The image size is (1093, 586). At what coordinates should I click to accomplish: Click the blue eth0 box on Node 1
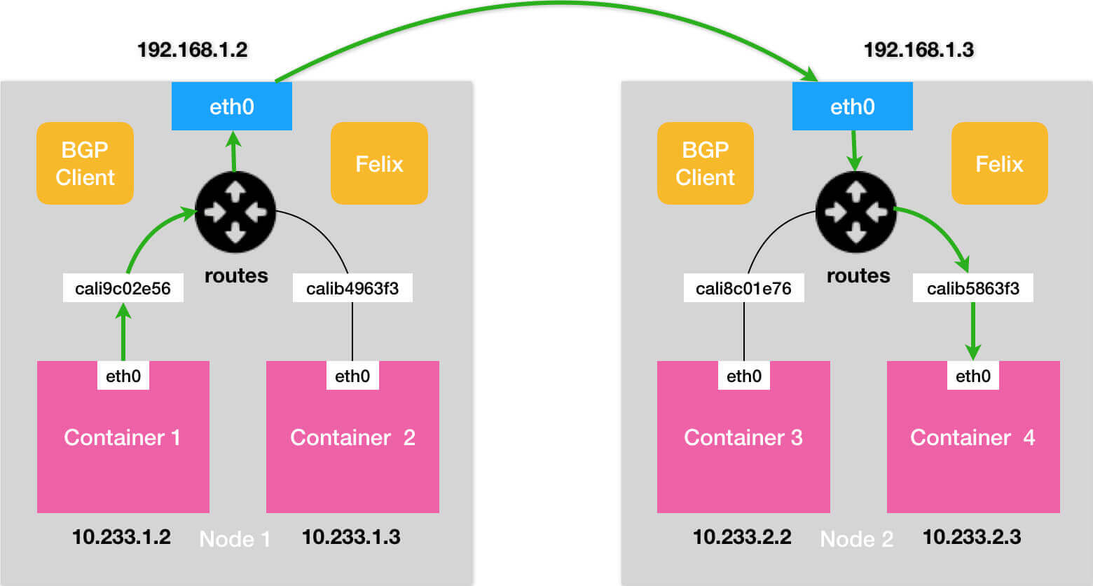231,107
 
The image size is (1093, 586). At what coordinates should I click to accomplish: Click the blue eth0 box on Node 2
852,107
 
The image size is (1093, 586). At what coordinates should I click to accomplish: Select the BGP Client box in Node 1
85,163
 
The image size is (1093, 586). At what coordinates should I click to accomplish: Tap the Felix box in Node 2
999,163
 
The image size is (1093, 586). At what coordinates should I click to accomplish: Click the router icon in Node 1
235,212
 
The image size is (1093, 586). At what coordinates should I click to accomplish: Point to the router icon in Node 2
855,212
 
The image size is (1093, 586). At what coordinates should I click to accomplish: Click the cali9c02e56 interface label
123,288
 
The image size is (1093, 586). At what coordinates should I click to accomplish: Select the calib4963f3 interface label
352,288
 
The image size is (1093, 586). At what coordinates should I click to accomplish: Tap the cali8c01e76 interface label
743,288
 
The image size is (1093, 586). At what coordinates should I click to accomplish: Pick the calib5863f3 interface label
972,288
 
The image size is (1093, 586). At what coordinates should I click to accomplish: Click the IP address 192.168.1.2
192,50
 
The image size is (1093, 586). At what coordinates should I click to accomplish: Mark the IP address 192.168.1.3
919,50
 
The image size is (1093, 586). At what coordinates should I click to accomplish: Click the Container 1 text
123,437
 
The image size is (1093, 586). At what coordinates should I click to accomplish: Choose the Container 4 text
972,437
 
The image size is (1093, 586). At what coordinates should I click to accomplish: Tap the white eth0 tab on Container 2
352,376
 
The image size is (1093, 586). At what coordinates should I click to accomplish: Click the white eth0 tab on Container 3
743,376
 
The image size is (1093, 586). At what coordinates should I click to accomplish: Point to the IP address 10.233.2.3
971,537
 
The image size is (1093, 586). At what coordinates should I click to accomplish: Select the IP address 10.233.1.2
121,537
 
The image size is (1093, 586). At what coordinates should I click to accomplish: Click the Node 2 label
856,539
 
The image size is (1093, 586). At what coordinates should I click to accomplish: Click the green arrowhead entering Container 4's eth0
972,352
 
